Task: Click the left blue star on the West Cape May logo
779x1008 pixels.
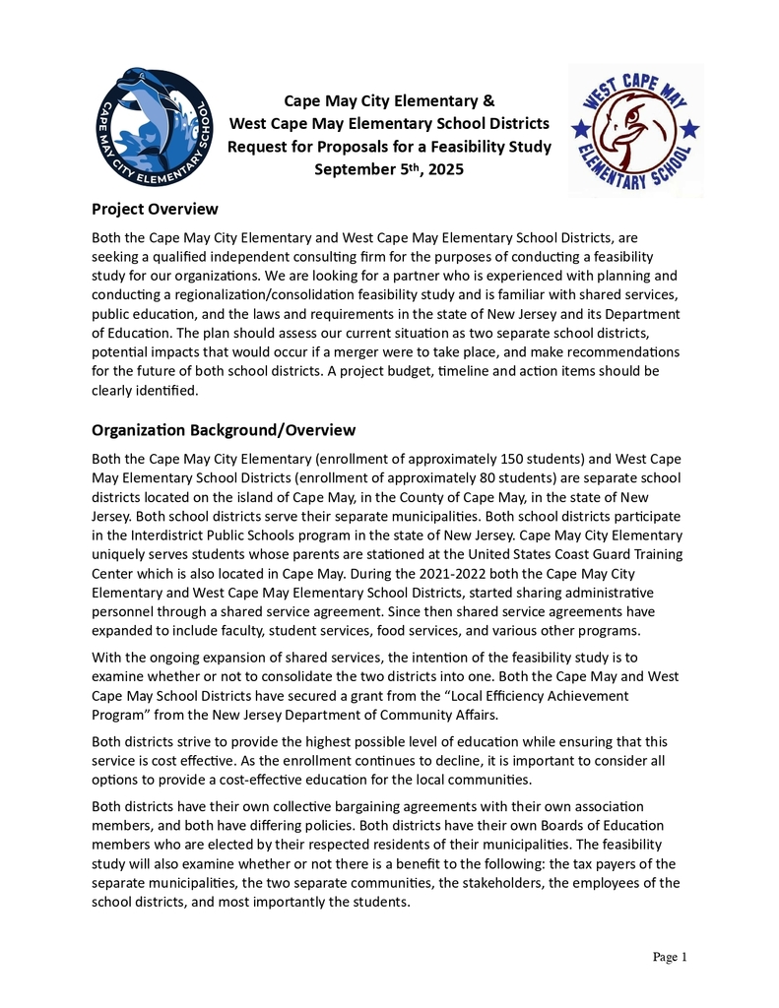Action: click(x=581, y=128)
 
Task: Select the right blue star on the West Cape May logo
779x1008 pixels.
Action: click(x=690, y=128)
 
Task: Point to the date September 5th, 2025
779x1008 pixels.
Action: click(x=389, y=169)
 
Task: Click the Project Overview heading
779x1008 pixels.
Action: click(x=155, y=209)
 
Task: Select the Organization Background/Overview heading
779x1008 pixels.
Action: click(x=224, y=430)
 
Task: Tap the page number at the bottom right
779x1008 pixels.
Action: click(x=670, y=957)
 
